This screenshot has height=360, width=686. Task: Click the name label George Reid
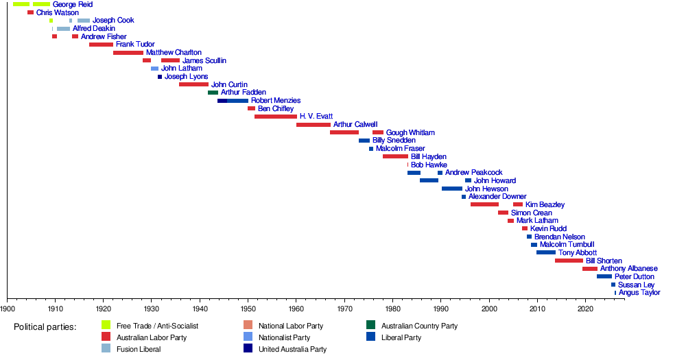[72, 4]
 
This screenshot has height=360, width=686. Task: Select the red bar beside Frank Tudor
[101, 45]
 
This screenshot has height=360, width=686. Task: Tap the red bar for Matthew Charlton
[128, 53]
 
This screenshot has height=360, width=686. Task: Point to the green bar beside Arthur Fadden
[213, 93]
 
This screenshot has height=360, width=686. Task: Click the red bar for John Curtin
[193, 84]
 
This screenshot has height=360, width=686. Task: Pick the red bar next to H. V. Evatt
[276, 117]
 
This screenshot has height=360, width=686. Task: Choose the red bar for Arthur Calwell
[314, 125]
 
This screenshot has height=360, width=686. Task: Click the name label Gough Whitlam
[410, 132]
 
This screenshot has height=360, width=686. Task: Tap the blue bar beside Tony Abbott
[546, 252]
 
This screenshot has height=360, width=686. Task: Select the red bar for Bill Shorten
[569, 261]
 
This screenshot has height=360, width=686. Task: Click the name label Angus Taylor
[639, 293]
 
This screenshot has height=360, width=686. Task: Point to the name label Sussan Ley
[636, 285]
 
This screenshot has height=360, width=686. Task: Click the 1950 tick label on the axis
[248, 310]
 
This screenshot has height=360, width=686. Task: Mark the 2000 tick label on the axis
[489, 310]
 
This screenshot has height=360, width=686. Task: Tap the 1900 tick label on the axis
[8, 310]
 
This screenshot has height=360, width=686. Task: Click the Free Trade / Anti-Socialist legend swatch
[106, 325]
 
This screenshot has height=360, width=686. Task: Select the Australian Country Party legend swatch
[371, 325]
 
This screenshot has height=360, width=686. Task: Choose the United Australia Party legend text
[292, 349]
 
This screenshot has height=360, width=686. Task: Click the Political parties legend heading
[45, 326]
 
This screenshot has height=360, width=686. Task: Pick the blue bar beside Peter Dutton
[604, 276]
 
